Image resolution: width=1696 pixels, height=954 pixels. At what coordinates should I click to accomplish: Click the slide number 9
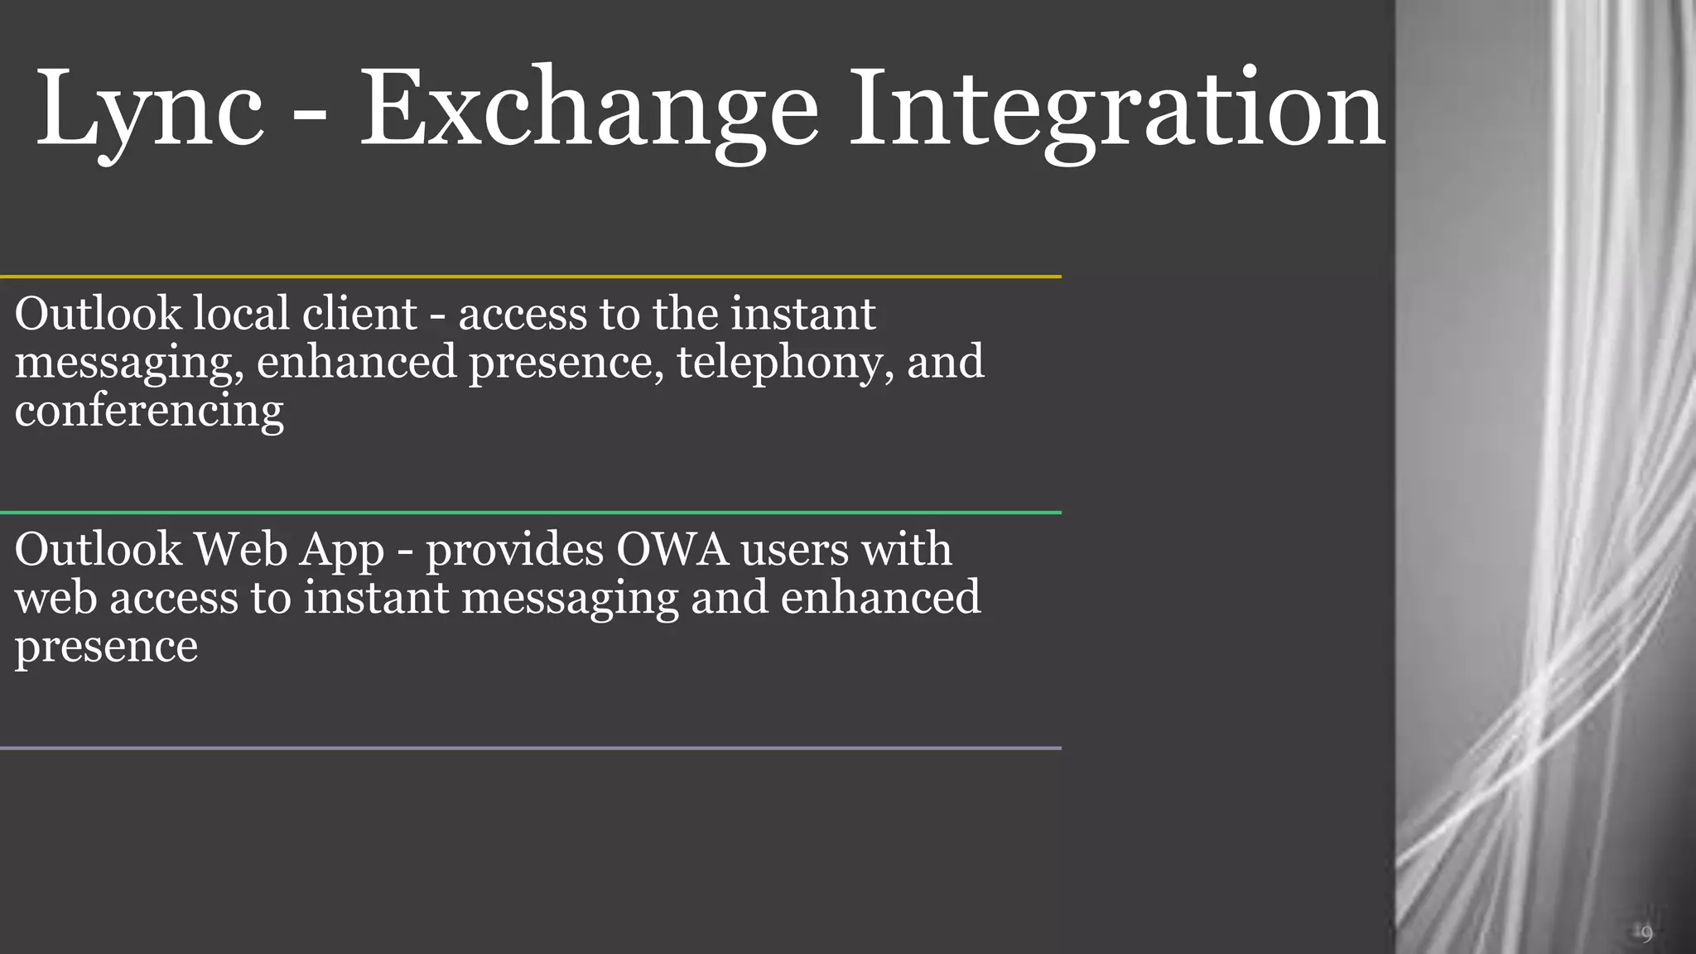pos(1646,934)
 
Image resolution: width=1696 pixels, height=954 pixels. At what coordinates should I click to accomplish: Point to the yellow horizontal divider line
pos(530,277)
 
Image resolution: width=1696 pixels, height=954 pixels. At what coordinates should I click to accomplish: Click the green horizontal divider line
pos(530,513)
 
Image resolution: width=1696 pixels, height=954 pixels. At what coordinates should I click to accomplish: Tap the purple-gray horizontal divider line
pos(530,749)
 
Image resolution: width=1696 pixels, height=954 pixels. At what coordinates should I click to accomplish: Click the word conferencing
pos(149,411)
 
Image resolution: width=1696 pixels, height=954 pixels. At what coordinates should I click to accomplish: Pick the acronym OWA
pos(672,549)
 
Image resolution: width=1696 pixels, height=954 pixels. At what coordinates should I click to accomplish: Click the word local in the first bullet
pos(240,314)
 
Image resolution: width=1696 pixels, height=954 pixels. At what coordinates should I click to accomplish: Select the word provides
pos(514,551)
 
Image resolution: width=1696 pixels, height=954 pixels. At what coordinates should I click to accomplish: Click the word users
pos(794,551)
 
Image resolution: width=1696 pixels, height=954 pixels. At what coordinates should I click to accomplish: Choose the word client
pos(359,314)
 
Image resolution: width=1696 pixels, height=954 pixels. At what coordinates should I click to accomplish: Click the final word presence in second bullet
pos(106,648)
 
